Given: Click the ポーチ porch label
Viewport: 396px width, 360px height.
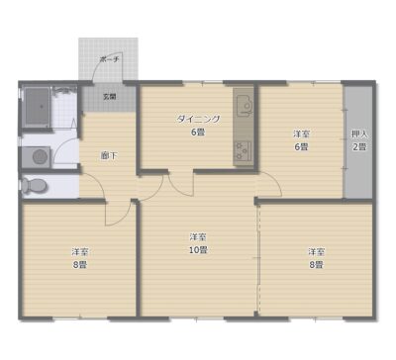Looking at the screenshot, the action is [x=108, y=60].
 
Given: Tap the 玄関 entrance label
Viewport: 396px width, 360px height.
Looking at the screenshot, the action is [x=109, y=97].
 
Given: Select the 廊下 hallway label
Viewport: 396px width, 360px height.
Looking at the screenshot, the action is [x=109, y=156].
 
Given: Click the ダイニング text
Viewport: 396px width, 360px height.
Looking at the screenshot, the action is [x=198, y=119].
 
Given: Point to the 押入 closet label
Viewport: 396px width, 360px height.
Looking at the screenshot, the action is [x=359, y=135].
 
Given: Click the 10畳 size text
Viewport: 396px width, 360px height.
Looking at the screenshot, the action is [x=198, y=250].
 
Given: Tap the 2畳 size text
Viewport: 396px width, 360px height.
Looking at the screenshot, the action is [x=359, y=146].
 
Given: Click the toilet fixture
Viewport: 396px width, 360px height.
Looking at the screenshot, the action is [x=34, y=186].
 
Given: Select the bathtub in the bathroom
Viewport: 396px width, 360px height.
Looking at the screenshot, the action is [x=38, y=107].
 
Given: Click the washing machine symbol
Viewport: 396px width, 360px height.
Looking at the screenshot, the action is [x=38, y=157].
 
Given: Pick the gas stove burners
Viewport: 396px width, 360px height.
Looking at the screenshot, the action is [x=243, y=150].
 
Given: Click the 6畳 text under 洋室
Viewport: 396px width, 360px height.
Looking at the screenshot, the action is [x=301, y=146].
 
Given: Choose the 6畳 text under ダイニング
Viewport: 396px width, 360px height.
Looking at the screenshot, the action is [x=198, y=133].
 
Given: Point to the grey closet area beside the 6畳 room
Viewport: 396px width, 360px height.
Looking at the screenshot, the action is [x=358, y=141].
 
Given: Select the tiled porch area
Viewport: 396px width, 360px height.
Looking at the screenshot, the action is [x=108, y=58].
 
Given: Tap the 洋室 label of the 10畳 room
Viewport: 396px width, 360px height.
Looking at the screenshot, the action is [x=198, y=237].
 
